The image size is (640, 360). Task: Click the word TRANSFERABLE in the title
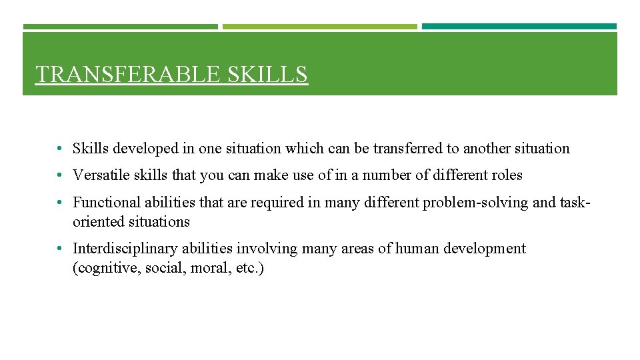click(129, 74)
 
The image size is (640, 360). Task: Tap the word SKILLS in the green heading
click(267, 74)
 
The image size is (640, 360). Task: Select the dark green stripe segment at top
click(120, 27)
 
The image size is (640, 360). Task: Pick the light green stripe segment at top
click(319, 27)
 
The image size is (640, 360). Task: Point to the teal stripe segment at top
click(519, 27)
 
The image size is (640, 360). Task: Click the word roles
click(507, 175)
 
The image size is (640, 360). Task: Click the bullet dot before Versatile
click(60, 176)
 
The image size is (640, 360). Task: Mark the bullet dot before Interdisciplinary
click(60, 249)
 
